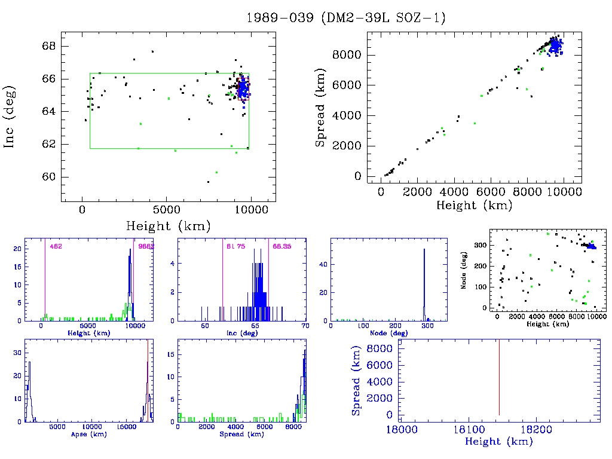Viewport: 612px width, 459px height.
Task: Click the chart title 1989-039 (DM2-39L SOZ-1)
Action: coord(346,18)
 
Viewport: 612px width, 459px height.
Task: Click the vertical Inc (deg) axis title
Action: coord(11,117)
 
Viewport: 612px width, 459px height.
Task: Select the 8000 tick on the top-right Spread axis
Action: coord(347,55)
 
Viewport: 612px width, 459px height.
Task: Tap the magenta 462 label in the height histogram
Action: coord(56,246)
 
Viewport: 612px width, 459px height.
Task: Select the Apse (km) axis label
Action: coord(88,434)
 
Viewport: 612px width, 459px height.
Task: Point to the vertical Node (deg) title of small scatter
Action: coord(464,274)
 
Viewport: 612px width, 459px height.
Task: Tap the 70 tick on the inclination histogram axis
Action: coord(305,326)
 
